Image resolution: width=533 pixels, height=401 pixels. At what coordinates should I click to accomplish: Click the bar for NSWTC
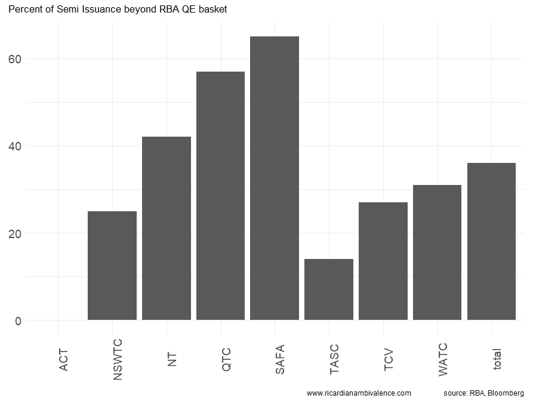(x=112, y=266)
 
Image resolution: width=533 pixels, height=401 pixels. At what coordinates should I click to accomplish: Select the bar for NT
(x=167, y=229)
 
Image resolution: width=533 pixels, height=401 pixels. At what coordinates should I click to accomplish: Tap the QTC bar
(x=220, y=196)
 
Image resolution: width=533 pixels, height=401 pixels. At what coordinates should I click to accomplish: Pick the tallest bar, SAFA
(x=275, y=178)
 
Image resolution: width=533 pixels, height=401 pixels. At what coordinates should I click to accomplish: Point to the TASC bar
(x=329, y=289)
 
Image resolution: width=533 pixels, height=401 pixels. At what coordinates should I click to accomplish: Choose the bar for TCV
(x=383, y=261)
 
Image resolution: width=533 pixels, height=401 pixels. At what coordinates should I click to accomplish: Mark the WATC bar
(x=437, y=252)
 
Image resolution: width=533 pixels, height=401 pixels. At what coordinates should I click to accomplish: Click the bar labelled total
(x=491, y=242)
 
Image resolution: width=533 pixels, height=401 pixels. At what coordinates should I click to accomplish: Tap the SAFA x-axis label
(x=281, y=359)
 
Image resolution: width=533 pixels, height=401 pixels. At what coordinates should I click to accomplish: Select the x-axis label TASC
(x=334, y=359)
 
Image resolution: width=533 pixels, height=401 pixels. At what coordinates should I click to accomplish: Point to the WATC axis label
(x=443, y=359)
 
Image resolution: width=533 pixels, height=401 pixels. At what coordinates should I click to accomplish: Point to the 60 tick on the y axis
(x=15, y=59)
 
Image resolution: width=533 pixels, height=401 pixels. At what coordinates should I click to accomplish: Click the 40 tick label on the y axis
(x=15, y=146)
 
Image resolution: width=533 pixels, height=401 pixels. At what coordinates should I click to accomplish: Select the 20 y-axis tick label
(x=15, y=233)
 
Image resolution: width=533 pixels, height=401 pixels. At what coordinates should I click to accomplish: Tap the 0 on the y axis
(x=18, y=320)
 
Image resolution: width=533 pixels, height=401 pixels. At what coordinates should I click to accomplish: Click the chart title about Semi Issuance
(x=118, y=10)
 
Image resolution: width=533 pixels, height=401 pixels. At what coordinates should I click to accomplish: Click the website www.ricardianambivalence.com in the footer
(x=359, y=393)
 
